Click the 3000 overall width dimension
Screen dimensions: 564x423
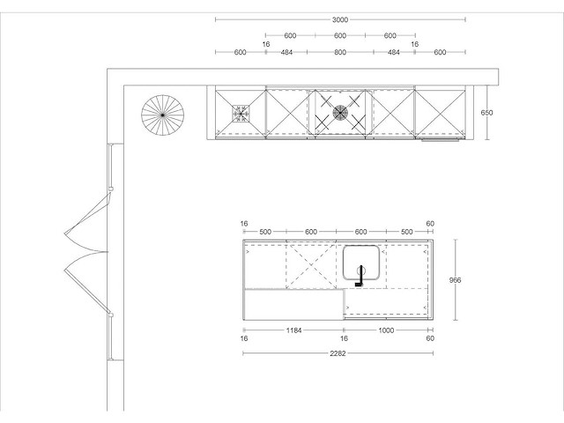[x=340, y=19]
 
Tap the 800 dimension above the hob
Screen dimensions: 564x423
[x=340, y=53]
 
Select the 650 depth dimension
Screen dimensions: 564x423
[x=486, y=113]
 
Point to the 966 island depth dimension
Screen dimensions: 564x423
[x=455, y=280]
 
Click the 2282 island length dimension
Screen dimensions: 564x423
[x=338, y=353]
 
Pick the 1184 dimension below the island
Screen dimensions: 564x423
[x=293, y=330]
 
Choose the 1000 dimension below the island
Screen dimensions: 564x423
[x=386, y=330]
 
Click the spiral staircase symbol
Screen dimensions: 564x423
[x=162, y=115]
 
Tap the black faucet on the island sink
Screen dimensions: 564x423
[x=360, y=276]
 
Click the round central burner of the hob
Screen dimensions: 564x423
[x=340, y=113]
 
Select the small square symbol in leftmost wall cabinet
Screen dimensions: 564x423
[x=241, y=114]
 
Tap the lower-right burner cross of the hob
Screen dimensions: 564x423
[x=358, y=122]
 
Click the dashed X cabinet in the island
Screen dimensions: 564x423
[x=311, y=266]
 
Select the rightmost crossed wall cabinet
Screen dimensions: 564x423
[x=441, y=114]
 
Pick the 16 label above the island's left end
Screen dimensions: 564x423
[x=244, y=224]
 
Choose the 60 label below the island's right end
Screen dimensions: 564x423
[x=430, y=338]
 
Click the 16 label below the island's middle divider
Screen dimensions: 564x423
[x=345, y=338]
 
